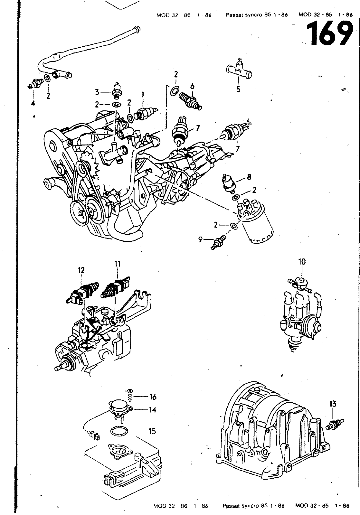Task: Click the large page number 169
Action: click(x=329, y=33)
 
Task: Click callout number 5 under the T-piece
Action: click(x=238, y=89)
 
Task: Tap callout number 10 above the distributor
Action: click(x=302, y=262)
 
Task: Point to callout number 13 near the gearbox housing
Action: click(x=333, y=404)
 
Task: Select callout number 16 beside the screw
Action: click(x=153, y=397)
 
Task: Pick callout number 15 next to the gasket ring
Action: click(x=152, y=431)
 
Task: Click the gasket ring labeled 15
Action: click(x=119, y=431)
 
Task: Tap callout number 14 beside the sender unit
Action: click(x=152, y=410)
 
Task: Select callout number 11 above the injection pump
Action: click(x=117, y=264)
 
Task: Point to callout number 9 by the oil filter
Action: click(x=200, y=239)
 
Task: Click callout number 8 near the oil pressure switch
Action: click(x=249, y=177)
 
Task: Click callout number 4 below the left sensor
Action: click(x=33, y=103)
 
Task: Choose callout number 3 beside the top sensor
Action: click(x=97, y=92)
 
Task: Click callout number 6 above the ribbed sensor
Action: click(x=192, y=86)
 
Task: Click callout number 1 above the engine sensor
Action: click(x=142, y=95)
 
